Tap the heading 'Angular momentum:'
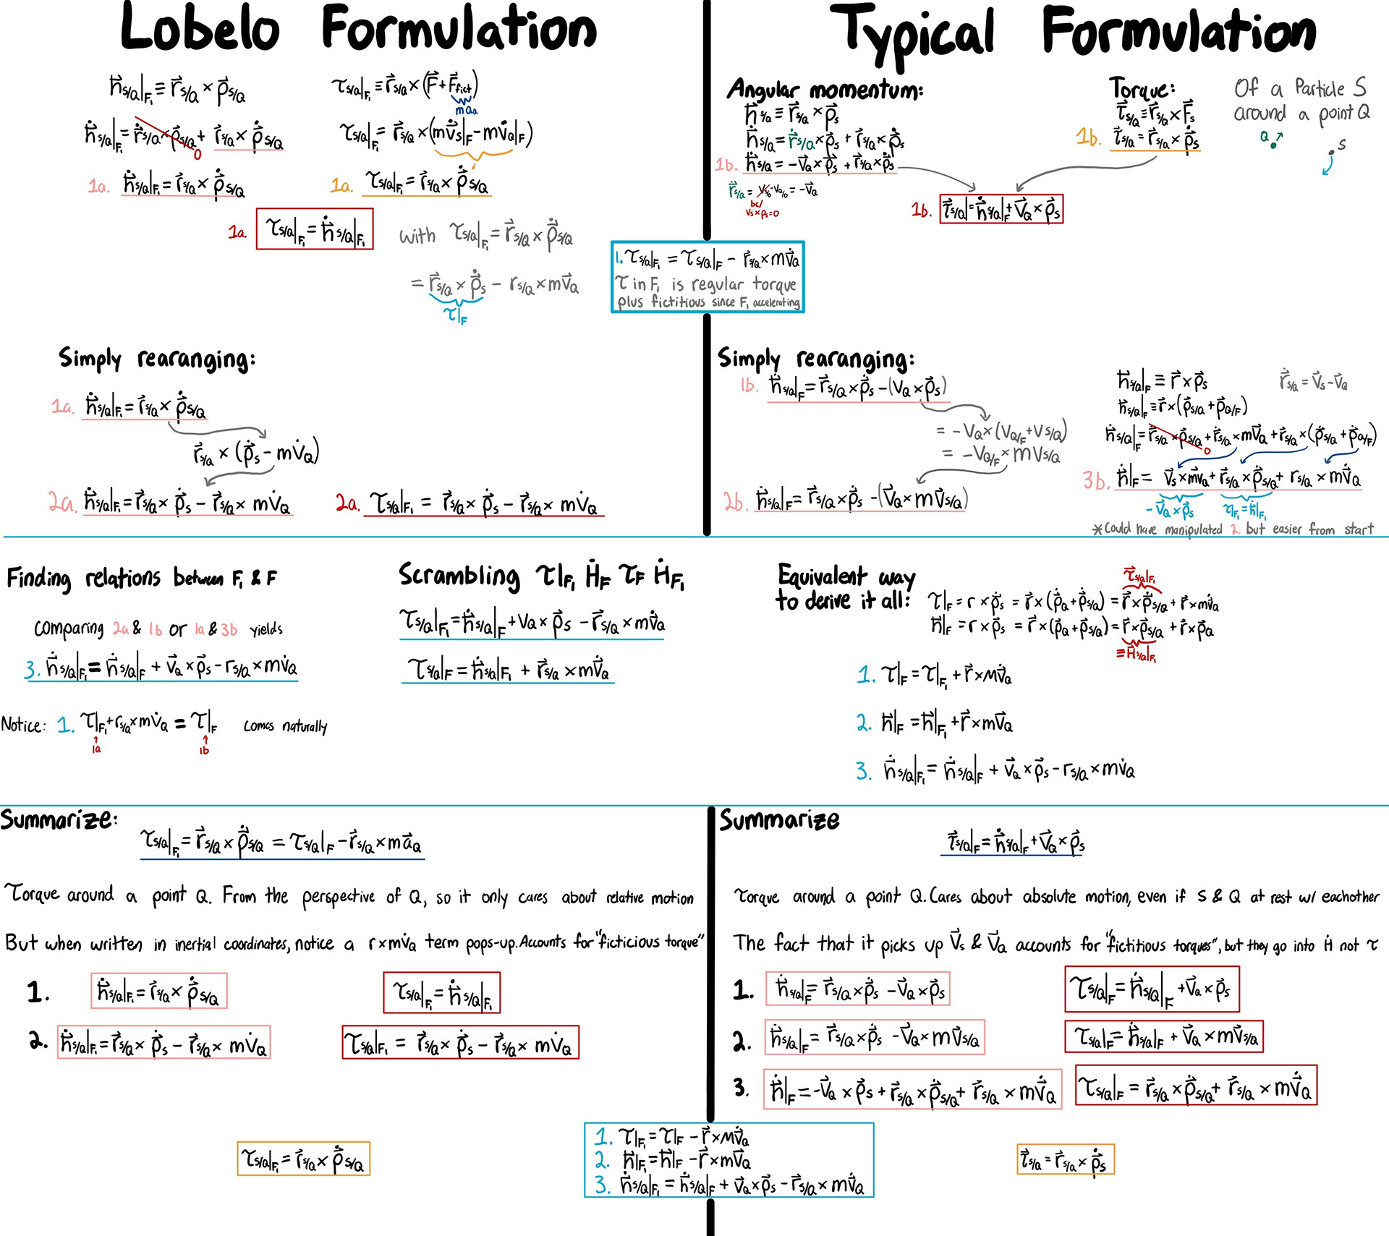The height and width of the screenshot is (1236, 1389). click(x=824, y=90)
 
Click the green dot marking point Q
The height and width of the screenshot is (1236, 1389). click(x=1273, y=145)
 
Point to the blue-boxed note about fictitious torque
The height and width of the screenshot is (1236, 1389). click(x=707, y=277)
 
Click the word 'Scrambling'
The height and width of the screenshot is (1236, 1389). click(x=459, y=576)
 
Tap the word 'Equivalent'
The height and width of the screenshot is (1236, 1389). click(x=822, y=576)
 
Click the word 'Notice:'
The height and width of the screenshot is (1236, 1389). click(x=23, y=725)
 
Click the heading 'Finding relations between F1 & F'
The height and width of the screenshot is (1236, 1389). click(x=141, y=579)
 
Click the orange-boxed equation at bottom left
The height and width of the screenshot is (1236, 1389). click(x=303, y=1159)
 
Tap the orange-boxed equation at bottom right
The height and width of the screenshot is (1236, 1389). click(x=1065, y=1160)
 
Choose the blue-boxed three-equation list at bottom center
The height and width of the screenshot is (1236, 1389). click(x=729, y=1160)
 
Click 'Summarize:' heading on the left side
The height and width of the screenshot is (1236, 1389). click(x=58, y=819)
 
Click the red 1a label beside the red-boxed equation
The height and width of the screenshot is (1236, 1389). click(x=237, y=232)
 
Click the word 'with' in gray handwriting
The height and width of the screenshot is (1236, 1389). click(x=417, y=236)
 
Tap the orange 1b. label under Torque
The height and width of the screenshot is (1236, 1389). click(x=1087, y=137)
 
